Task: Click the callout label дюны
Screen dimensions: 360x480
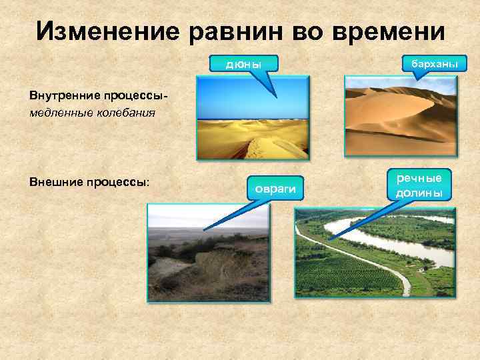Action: [x=243, y=64]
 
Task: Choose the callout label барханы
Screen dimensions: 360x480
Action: [x=434, y=63]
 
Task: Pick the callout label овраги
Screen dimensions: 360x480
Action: [x=274, y=189]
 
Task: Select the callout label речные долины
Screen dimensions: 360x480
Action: [x=419, y=185]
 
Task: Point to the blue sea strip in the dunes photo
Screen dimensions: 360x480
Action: [x=253, y=121]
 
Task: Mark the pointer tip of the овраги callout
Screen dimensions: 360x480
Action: [x=204, y=230]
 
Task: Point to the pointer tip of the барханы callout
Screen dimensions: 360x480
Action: [x=415, y=81]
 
